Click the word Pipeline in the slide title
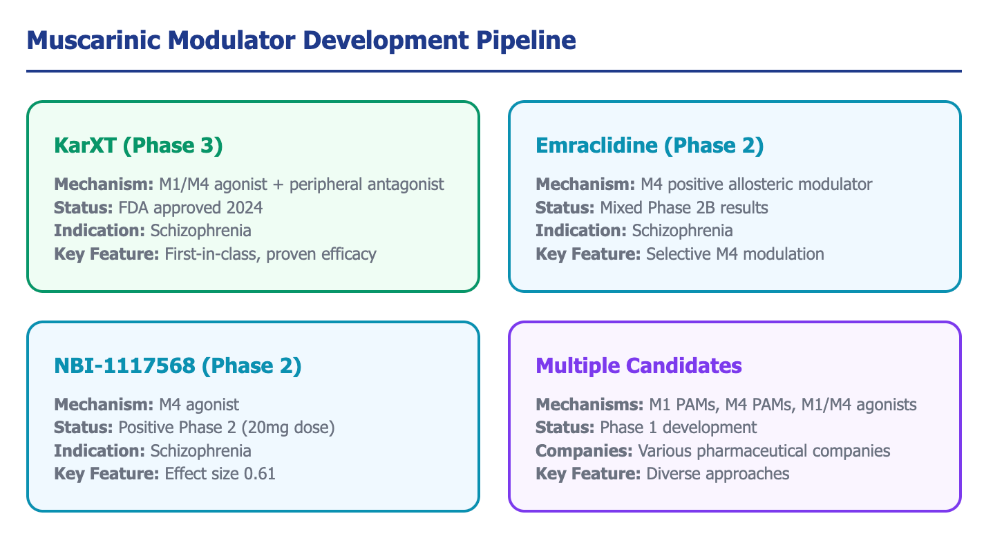click(x=526, y=41)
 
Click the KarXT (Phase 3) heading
click(x=138, y=146)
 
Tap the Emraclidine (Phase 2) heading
click(x=650, y=146)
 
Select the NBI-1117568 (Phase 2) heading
click(x=178, y=365)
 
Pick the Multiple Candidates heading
click(x=638, y=365)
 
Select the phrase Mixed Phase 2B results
click(x=684, y=208)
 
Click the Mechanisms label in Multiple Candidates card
click(x=589, y=404)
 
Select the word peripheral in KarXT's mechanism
click(x=325, y=185)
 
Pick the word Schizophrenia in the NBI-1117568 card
click(x=201, y=451)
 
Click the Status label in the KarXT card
click(x=84, y=208)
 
